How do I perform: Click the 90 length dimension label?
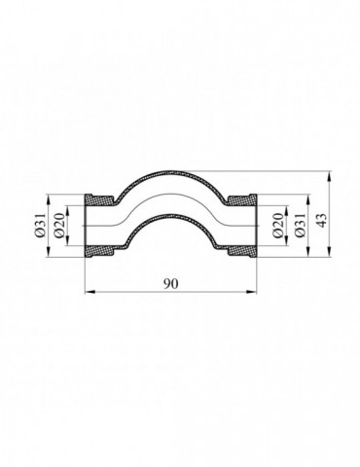[170, 284]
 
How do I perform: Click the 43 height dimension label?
[320, 221]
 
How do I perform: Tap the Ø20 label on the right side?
[278, 226]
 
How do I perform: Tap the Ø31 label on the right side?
[299, 225]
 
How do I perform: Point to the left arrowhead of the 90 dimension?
[89, 292]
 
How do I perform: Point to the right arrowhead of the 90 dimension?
[252, 292]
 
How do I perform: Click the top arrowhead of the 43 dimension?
[330, 175]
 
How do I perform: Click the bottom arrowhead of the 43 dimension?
[330, 253]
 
